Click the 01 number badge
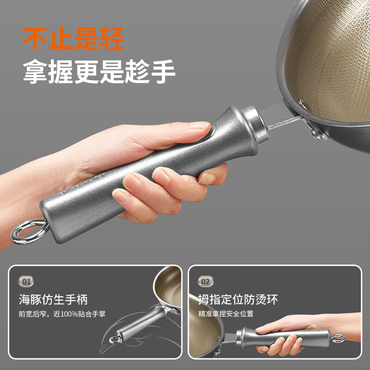[x=26, y=281]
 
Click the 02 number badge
[x=205, y=281]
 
